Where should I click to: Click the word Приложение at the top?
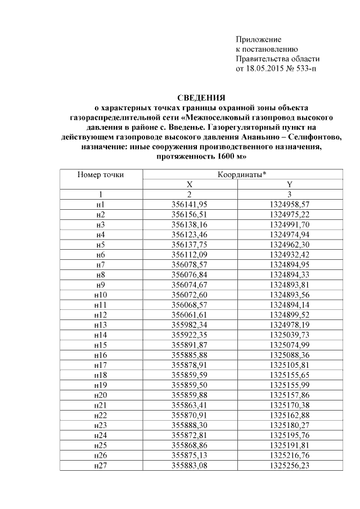tap(258, 39)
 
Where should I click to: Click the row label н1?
tap(101, 205)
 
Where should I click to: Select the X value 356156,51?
tap(190, 214)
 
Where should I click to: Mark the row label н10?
tap(101, 294)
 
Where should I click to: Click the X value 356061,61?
tap(190, 314)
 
